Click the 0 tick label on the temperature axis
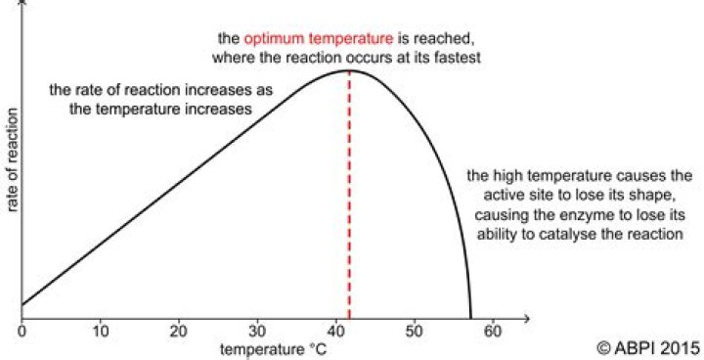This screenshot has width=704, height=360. (22, 332)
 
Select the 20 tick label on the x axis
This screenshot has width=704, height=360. (179, 332)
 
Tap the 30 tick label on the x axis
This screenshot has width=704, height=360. (257, 332)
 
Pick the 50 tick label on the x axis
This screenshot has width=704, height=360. (415, 332)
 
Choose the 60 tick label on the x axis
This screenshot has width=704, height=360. (493, 332)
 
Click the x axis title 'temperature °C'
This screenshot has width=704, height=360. (273, 349)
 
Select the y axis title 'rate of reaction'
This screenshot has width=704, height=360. (12, 159)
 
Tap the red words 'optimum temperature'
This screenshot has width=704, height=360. (319, 38)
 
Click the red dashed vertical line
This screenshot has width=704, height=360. (349, 195)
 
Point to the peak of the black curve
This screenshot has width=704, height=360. (349, 70)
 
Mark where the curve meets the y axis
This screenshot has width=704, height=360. (22, 305)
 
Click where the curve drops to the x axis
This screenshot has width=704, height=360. (471, 318)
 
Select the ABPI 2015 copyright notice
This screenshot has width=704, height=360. (648, 347)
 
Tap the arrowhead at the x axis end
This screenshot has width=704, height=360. (525, 319)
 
